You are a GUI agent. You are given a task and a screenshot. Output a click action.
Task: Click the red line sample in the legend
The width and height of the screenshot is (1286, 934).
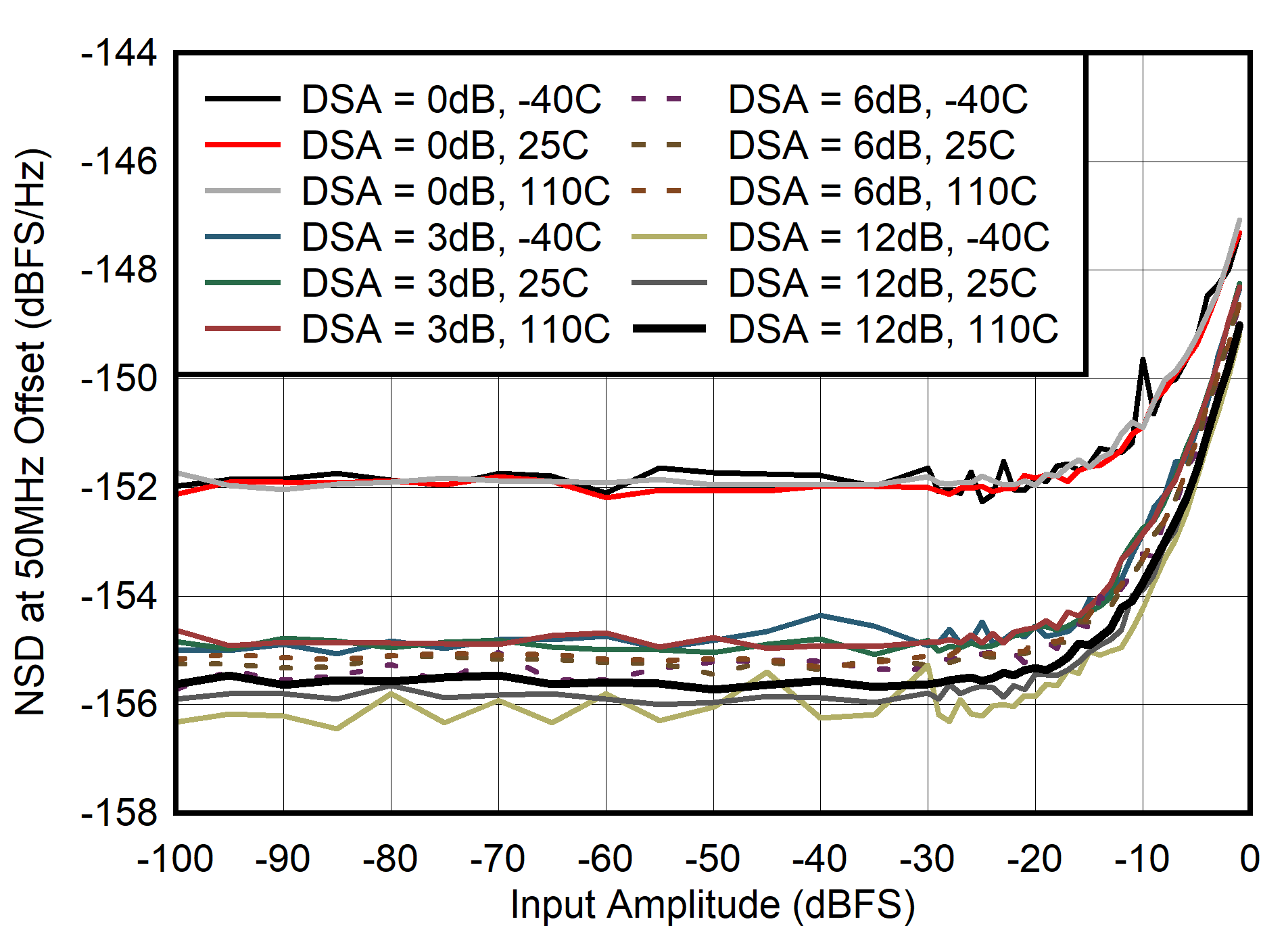[243, 145]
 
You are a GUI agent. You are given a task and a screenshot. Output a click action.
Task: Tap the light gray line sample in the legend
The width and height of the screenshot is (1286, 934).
[243, 191]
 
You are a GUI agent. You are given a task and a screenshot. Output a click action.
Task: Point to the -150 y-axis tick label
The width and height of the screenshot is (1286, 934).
[119, 378]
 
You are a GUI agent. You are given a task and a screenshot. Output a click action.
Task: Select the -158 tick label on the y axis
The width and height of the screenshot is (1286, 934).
[119, 812]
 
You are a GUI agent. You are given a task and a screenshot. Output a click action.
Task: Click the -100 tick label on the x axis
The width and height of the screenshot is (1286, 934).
[175, 860]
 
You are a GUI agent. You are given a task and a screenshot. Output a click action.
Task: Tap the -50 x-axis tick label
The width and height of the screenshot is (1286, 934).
[713, 860]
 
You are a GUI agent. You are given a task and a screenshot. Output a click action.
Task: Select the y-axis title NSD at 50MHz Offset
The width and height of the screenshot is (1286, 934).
[30, 433]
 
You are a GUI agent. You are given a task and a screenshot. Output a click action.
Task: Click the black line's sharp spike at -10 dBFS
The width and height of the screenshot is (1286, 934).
[1143, 360]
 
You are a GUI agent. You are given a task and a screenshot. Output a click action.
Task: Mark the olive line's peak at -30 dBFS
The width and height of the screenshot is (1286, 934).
[928, 665]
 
